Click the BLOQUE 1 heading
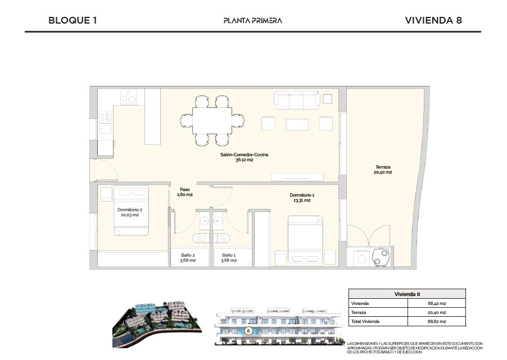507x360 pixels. point(73,20)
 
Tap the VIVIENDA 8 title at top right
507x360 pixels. point(433,20)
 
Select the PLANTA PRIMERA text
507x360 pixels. point(253,21)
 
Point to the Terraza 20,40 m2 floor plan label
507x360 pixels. point(383,170)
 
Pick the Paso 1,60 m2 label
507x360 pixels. point(185,192)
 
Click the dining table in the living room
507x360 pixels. point(212,120)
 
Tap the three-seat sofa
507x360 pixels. point(297,100)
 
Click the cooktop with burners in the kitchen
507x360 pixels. point(128,97)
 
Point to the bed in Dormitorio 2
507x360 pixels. point(132,211)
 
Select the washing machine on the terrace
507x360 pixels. point(361,258)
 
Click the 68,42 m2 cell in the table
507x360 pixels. point(437,303)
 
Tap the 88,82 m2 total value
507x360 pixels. point(437,322)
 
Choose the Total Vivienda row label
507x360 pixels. point(365,322)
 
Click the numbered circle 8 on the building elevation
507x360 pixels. point(248,331)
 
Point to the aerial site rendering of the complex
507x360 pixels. point(157,324)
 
